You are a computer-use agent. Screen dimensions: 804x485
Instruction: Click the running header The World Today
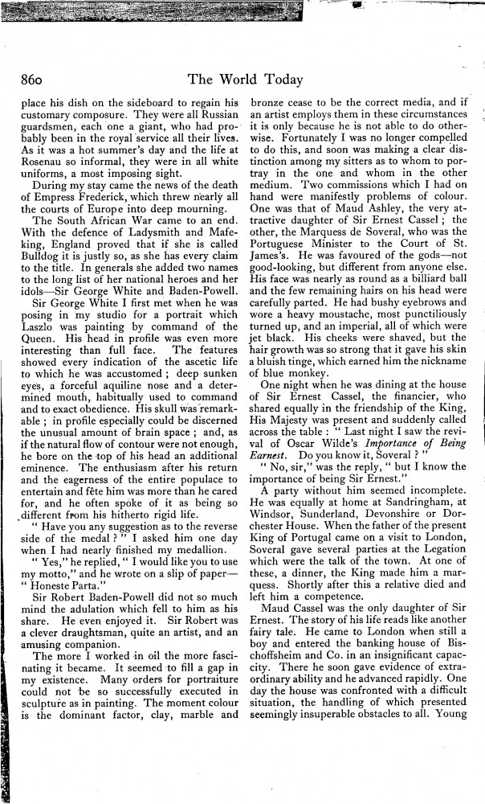245,79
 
